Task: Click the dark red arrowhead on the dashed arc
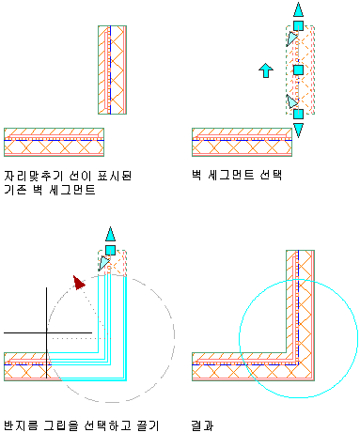coord(78,283)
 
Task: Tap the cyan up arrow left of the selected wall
coord(266,70)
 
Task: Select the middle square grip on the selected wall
coord(298,70)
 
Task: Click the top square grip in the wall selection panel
coord(298,25)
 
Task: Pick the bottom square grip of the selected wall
coord(298,114)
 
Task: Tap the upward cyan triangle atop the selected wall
coord(298,9)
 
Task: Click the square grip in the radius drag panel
coord(110,250)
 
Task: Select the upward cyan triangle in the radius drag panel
coord(110,234)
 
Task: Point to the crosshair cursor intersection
coord(47,332)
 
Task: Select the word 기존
coord(15,190)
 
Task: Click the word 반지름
coord(21,425)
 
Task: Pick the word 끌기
coord(148,425)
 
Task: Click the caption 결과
coord(202,425)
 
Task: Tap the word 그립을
coord(61,425)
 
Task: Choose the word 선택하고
coord(107,425)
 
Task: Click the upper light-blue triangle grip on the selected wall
coord(291,39)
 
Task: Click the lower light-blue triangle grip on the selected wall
coord(291,101)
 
